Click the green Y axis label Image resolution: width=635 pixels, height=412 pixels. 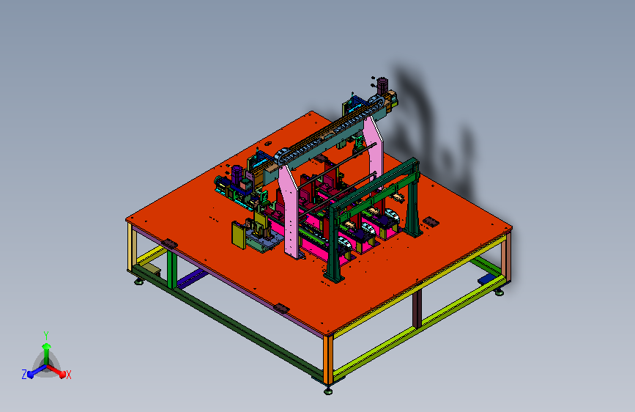[x=46, y=335]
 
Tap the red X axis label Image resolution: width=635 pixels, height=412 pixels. [x=68, y=375]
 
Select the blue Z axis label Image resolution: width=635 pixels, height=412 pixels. [x=24, y=375]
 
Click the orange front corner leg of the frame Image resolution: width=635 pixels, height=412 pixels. [x=328, y=360]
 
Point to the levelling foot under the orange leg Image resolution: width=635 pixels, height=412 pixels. [x=328, y=391]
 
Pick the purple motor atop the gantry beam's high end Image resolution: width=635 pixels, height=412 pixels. [x=382, y=86]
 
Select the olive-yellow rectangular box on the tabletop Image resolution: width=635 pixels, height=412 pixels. [x=239, y=235]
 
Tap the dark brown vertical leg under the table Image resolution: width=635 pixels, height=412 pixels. [x=417, y=308]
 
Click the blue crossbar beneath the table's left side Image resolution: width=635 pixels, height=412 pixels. [x=193, y=278]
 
